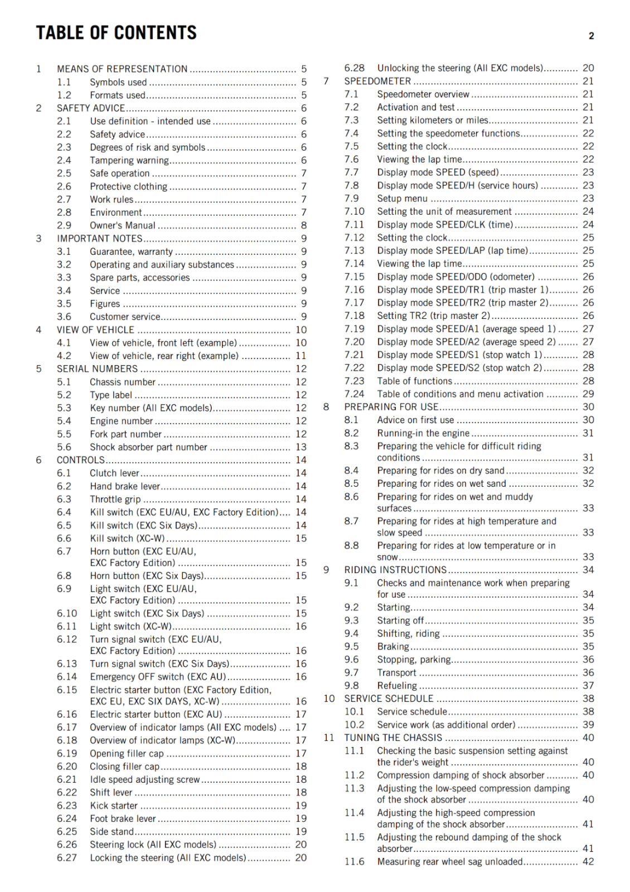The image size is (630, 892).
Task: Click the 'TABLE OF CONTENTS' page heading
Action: [x=117, y=33]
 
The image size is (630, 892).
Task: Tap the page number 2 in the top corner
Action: [x=591, y=36]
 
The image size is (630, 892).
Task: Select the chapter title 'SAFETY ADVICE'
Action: [x=91, y=108]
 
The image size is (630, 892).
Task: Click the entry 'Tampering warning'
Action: [x=129, y=161]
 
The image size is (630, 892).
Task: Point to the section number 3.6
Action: [x=64, y=317]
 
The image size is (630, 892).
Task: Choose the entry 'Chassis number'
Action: [x=123, y=382]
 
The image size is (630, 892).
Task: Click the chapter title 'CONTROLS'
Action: [x=81, y=460]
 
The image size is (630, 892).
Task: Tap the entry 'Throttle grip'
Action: [x=115, y=499]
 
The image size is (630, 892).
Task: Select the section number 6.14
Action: [x=67, y=677]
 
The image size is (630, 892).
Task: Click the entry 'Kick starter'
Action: [x=114, y=806]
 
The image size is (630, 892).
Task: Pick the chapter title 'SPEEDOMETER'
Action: [x=377, y=81]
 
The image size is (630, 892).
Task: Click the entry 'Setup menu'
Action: [x=402, y=198]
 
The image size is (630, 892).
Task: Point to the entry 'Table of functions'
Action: [x=414, y=381]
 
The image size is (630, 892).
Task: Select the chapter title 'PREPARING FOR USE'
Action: [x=391, y=407]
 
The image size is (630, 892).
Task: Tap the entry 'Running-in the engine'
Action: [x=423, y=433]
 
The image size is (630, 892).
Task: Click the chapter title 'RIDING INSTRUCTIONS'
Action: [x=395, y=570]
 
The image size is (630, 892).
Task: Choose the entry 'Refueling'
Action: [x=397, y=686]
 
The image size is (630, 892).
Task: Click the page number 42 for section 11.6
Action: [x=588, y=861]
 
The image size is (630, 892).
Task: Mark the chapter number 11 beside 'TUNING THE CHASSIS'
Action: [x=329, y=738]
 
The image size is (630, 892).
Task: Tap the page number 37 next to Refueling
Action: [x=588, y=686]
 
